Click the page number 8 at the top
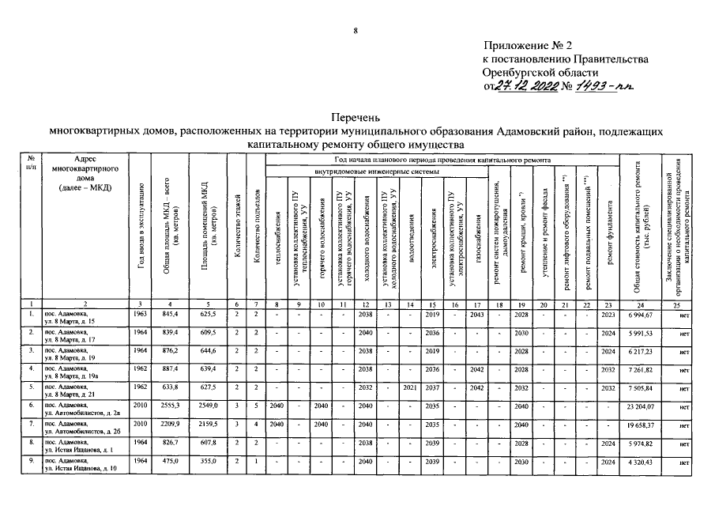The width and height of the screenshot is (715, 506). pyautogui.click(x=356, y=32)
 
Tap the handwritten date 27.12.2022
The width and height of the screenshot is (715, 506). pyautogui.click(x=526, y=87)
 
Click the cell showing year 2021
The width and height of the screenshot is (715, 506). pyautogui.click(x=409, y=388)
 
